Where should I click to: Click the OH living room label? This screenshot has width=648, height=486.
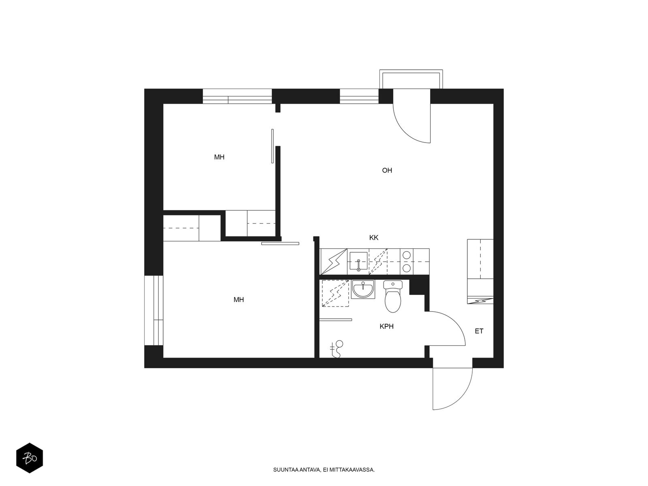pyautogui.click(x=387, y=170)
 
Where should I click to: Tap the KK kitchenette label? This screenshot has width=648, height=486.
pyautogui.click(x=373, y=238)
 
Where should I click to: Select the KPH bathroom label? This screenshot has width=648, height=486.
pyautogui.click(x=386, y=326)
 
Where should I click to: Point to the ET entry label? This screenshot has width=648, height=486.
pyautogui.click(x=479, y=331)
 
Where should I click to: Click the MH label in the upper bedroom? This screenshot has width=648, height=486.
pyautogui.click(x=219, y=157)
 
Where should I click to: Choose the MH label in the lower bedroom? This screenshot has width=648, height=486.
pyautogui.click(x=239, y=300)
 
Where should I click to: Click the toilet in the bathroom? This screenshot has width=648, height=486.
pyautogui.click(x=392, y=296)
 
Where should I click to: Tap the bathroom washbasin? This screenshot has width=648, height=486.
pyautogui.click(x=363, y=289)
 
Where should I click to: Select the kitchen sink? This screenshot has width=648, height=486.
pyautogui.click(x=359, y=261)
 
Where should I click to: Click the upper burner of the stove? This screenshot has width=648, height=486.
pyautogui.click(x=407, y=255)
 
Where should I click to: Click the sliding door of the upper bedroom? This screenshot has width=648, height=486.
pyautogui.click(x=272, y=146)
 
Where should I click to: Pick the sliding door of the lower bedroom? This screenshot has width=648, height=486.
pyautogui.click(x=280, y=243)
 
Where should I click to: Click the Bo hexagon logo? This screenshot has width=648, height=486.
pyautogui.click(x=30, y=458)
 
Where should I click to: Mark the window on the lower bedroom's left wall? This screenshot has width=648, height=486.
pyautogui.click(x=153, y=310)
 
